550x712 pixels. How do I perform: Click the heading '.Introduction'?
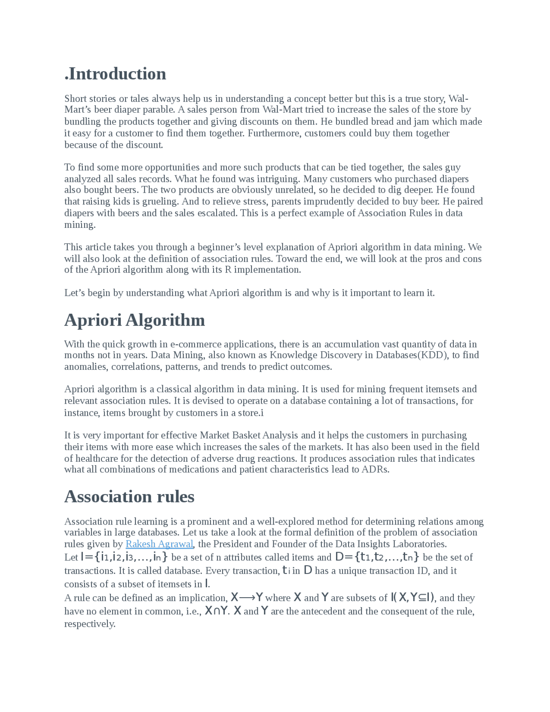[x=115, y=74]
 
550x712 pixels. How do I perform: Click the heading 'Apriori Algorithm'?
[x=134, y=320]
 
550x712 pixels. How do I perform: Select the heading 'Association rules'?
[x=129, y=497]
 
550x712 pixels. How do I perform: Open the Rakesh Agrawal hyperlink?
[x=159, y=544]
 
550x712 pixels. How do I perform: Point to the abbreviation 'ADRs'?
[x=375, y=469]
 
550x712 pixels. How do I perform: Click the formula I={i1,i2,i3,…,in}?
[x=124, y=557]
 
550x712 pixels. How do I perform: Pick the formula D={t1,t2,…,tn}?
[x=376, y=557]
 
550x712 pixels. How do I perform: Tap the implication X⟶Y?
[x=247, y=598]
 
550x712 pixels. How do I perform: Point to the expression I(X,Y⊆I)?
[x=412, y=598]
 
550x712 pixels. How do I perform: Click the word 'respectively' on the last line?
[x=89, y=624]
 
